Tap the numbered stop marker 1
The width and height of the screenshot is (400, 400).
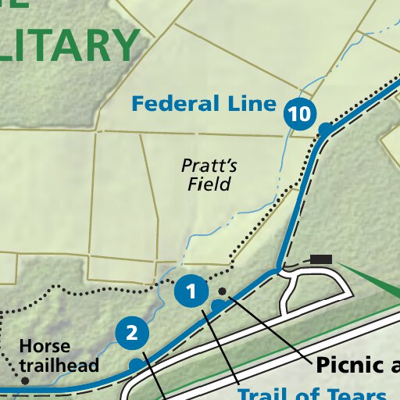[x=191, y=292]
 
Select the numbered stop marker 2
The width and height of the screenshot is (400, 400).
[x=132, y=334]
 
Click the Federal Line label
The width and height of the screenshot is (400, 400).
[x=204, y=103]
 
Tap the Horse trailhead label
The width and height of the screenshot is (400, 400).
[x=59, y=355]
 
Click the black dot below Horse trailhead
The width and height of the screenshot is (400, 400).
[x=25, y=381]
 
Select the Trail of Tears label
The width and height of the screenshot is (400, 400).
[x=312, y=393]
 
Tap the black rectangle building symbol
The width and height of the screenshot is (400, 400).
[x=321, y=259]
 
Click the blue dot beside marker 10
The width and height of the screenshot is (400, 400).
[x=325, y=128]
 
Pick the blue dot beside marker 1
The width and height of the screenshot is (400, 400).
[x=217, y=303]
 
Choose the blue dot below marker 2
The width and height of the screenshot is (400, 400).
[x=136, y=364]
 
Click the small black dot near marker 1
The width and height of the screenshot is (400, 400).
[x=222, y=291]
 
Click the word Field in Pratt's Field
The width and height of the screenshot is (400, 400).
[x=209, y=185]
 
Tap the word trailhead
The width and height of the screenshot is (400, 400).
[x=59, y=365]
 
